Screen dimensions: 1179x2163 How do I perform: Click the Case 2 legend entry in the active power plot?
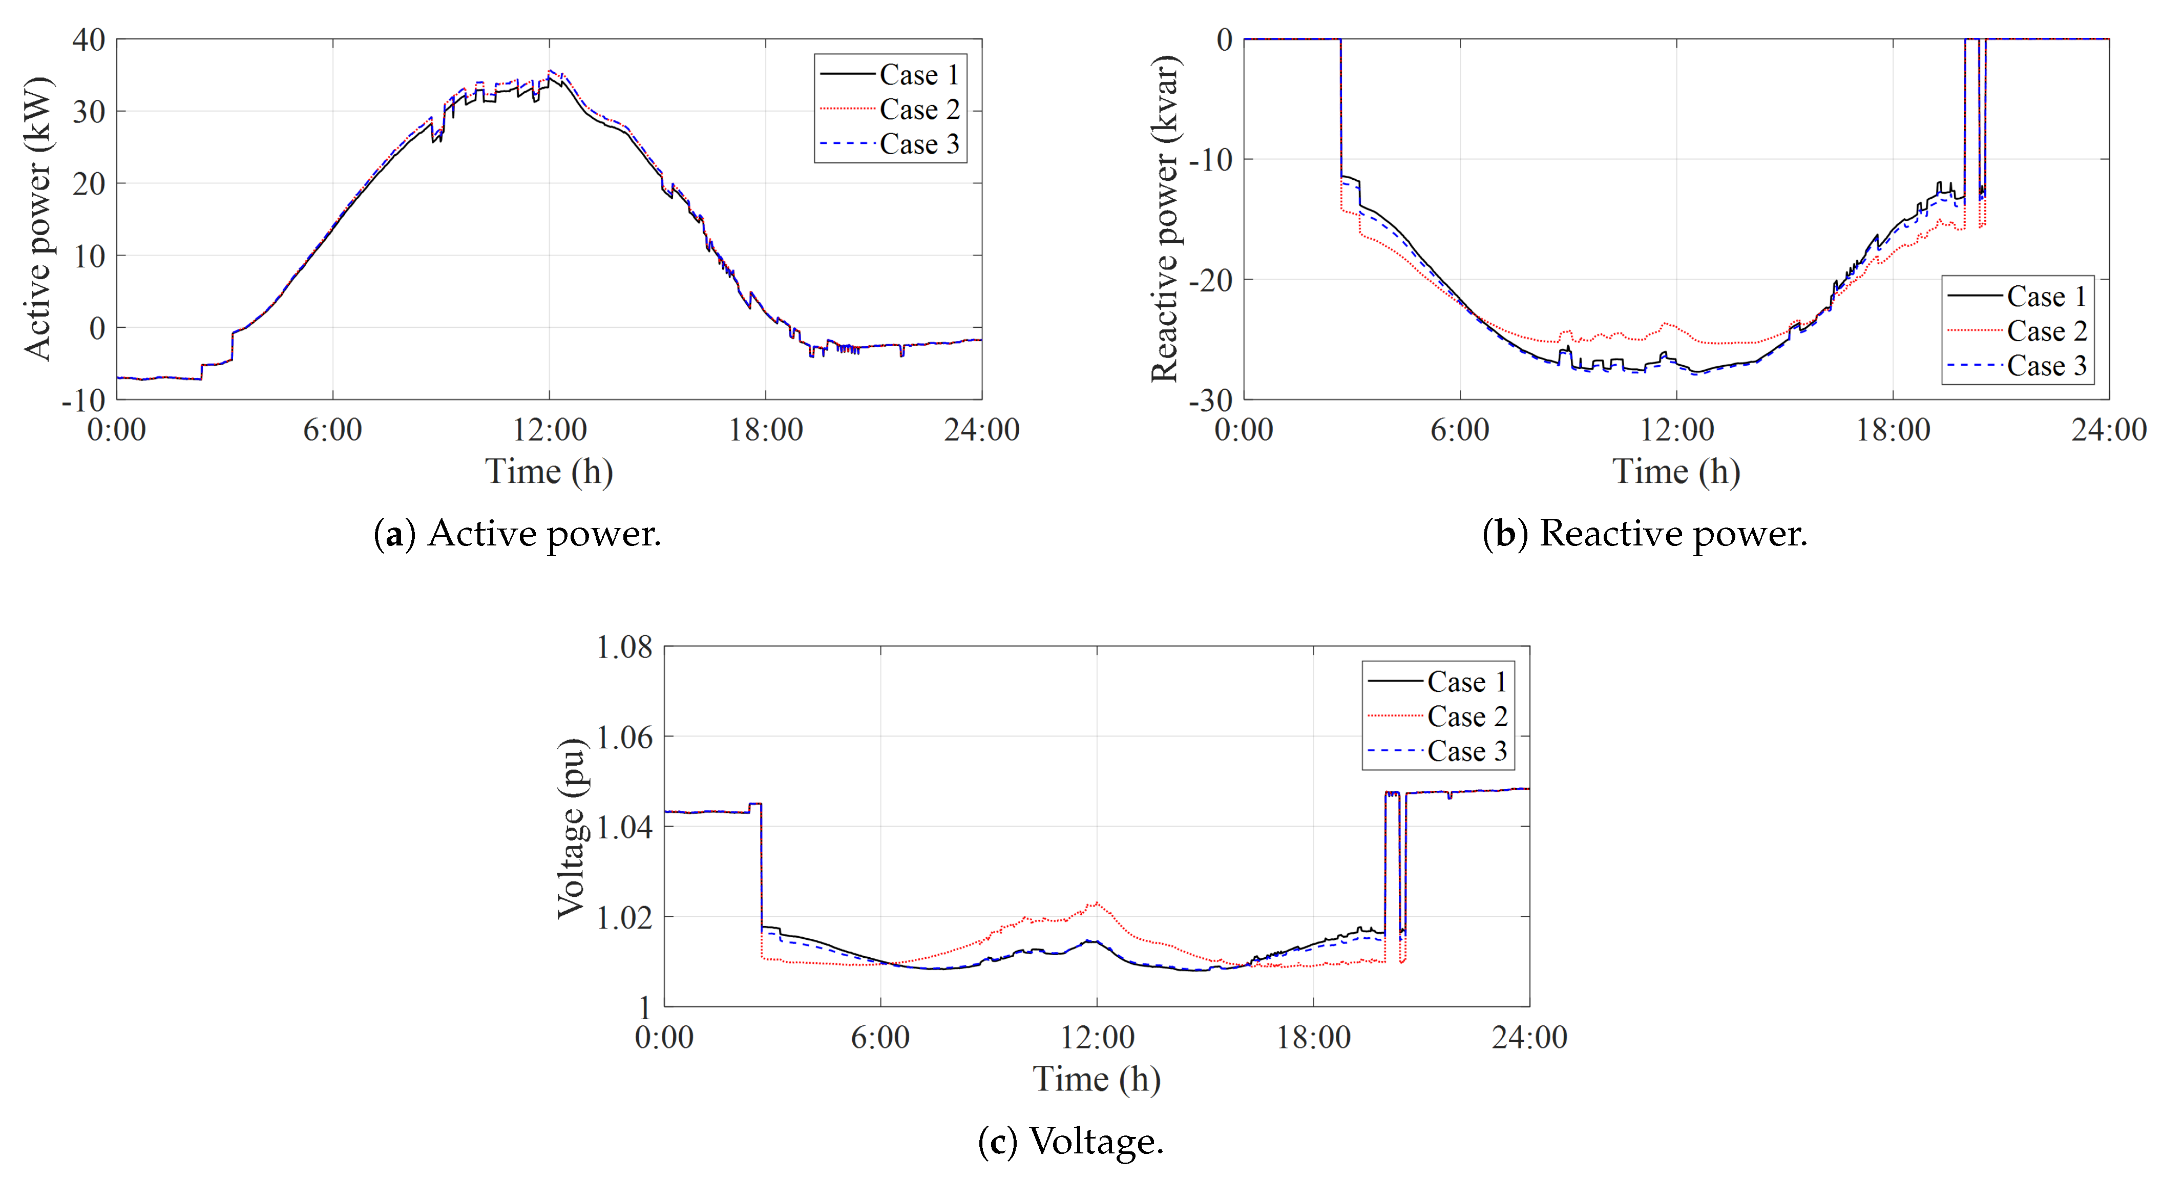(918, 109)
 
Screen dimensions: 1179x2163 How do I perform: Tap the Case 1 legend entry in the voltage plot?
(1466, 681)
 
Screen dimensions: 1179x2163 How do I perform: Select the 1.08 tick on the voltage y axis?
(624, 647)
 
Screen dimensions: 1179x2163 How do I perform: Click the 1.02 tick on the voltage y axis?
(624, 917)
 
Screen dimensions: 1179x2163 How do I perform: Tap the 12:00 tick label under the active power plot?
(549, 430)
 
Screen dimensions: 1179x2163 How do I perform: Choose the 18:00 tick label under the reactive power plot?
(1893, 430)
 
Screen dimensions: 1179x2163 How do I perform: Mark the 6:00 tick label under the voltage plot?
(880, 1037)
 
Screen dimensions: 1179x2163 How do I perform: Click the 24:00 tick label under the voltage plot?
(1529, 1037)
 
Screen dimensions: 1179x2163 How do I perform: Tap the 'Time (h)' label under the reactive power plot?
(1676, 472)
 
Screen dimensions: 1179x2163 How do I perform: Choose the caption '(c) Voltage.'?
(1070, 1141)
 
